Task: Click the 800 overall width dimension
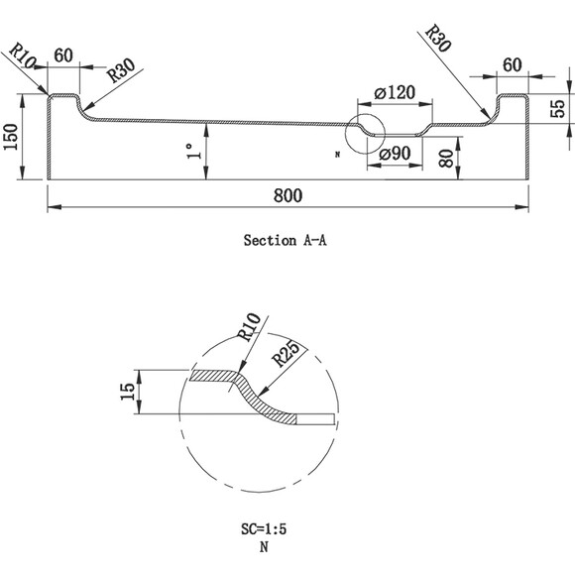(x=287, y=195)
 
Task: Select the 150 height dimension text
(x=11, y=137)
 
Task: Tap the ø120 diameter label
(x=395, y=92)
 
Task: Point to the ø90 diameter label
(x=395, y=154)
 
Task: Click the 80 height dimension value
(x=446, y=158)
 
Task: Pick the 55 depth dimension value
(x=558, y=108)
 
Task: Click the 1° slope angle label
(x=194, y=151)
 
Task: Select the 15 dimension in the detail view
(x=128, y=392)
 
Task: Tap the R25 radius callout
(x=285, y=353)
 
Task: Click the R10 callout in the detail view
(x=249, y=327)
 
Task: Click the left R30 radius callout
(x=121, y=70)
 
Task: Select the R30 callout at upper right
(x=437, y=39)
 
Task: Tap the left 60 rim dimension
(x=63, y=56)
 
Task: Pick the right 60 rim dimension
(x=512, y=64)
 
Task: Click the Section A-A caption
(x=285, y=241)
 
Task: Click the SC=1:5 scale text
(x=264, y=529)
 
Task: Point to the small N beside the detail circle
(x=337, y=155)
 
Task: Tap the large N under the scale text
(x=264, y=547)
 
